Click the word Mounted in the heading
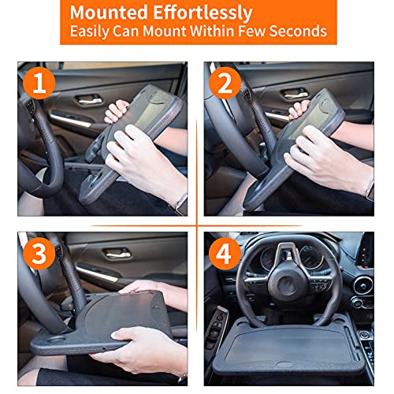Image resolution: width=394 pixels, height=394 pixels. [x=111, y=13]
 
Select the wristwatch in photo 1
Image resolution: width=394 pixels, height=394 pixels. [x=180, y=202]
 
